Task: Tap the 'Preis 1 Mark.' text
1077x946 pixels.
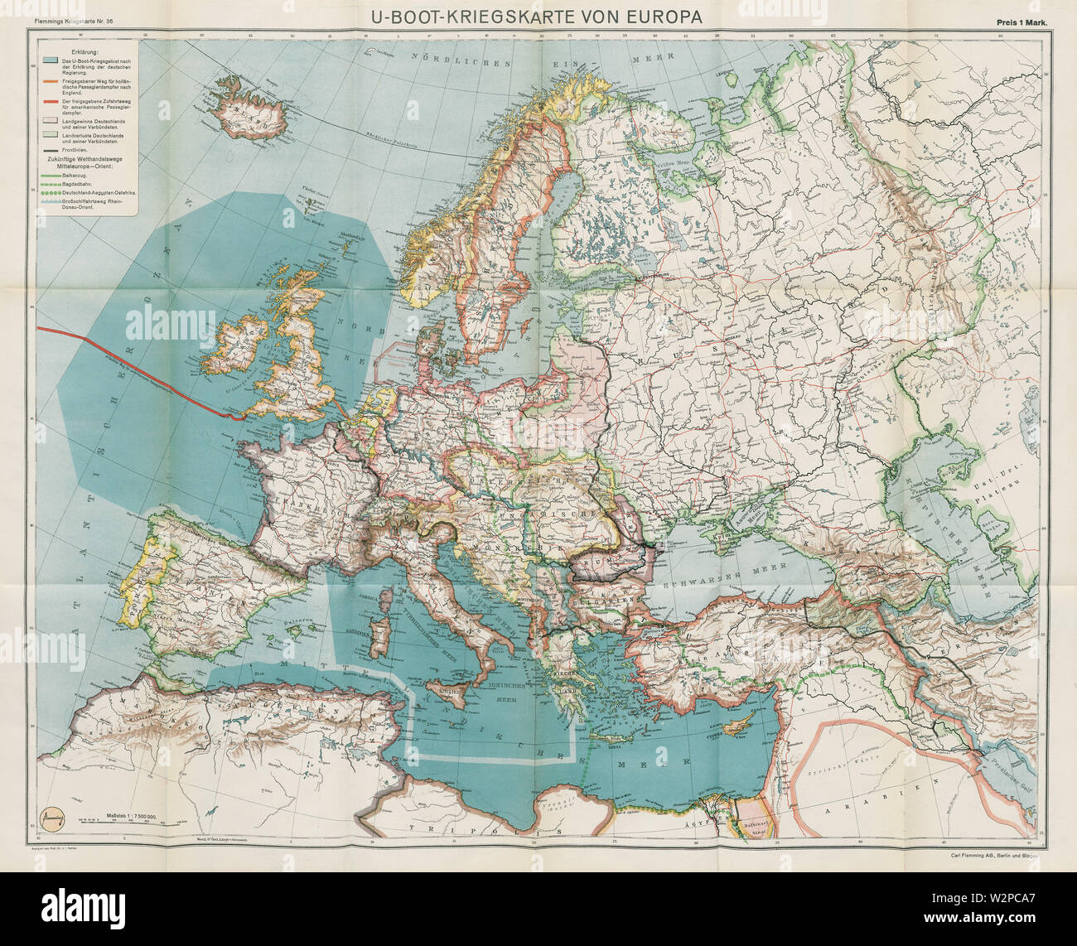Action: [1023, 24]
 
